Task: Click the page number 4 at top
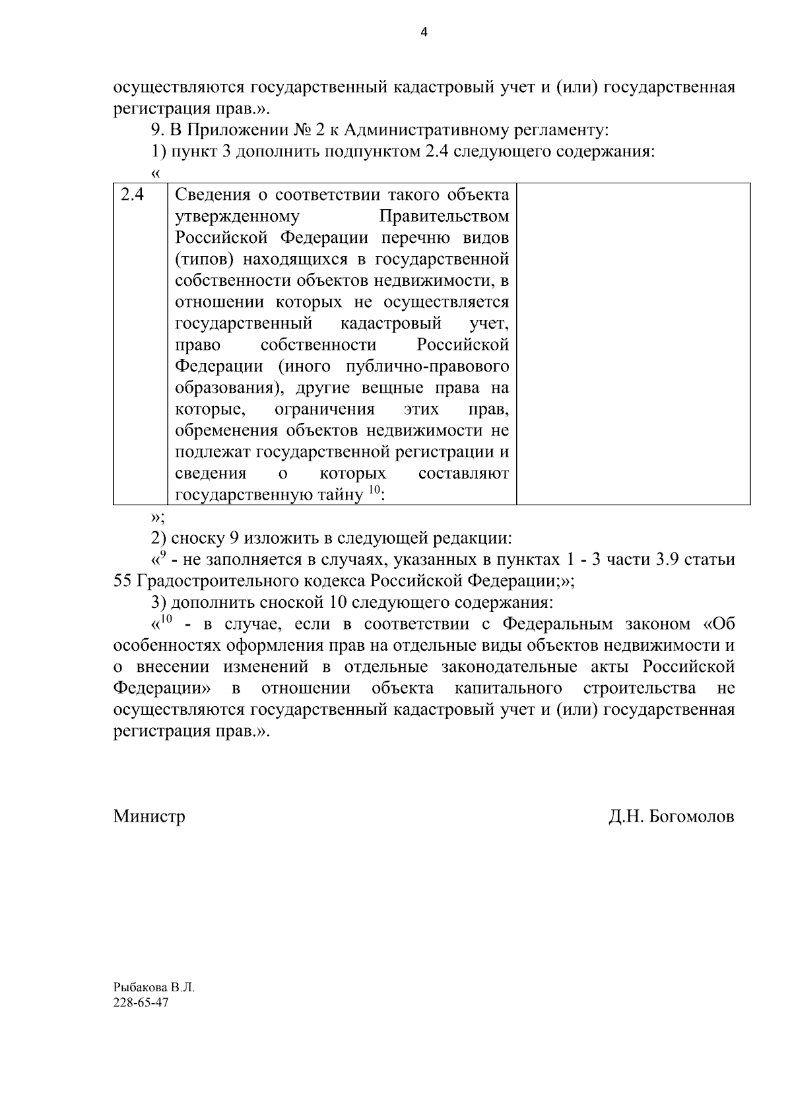click(x=424, y=32)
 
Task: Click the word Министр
click(x=149, y=816)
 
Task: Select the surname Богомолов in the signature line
click(x=692, y=816)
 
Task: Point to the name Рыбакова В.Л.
click(x=154, y=988)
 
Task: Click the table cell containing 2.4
click(x=132, y=195)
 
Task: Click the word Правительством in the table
click(x=444, y=216)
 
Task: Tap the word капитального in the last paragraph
click(x=508, y=688)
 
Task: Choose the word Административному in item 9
click(x=419, y=131)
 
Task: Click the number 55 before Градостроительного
click(x=124, y=581)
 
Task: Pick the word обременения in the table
click(x=226, y=431)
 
